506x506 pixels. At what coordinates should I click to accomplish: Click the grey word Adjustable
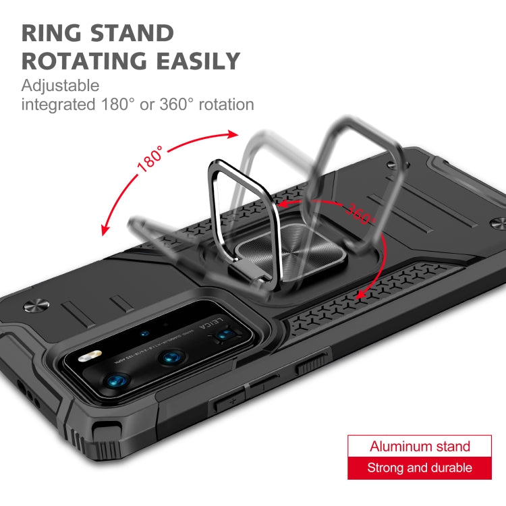[x=60, y=86]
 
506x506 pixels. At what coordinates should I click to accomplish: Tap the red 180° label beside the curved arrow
[x=150, y=159]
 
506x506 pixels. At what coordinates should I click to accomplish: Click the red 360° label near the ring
[x=361, y=213]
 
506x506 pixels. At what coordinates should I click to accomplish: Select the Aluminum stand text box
[x=420, y=447]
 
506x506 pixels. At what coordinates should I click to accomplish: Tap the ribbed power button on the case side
[x=312, y=365]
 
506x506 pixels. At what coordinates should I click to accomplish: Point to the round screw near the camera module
[x=34, y=307]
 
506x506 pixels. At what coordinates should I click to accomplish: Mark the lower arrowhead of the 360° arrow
[x=361, y=293]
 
